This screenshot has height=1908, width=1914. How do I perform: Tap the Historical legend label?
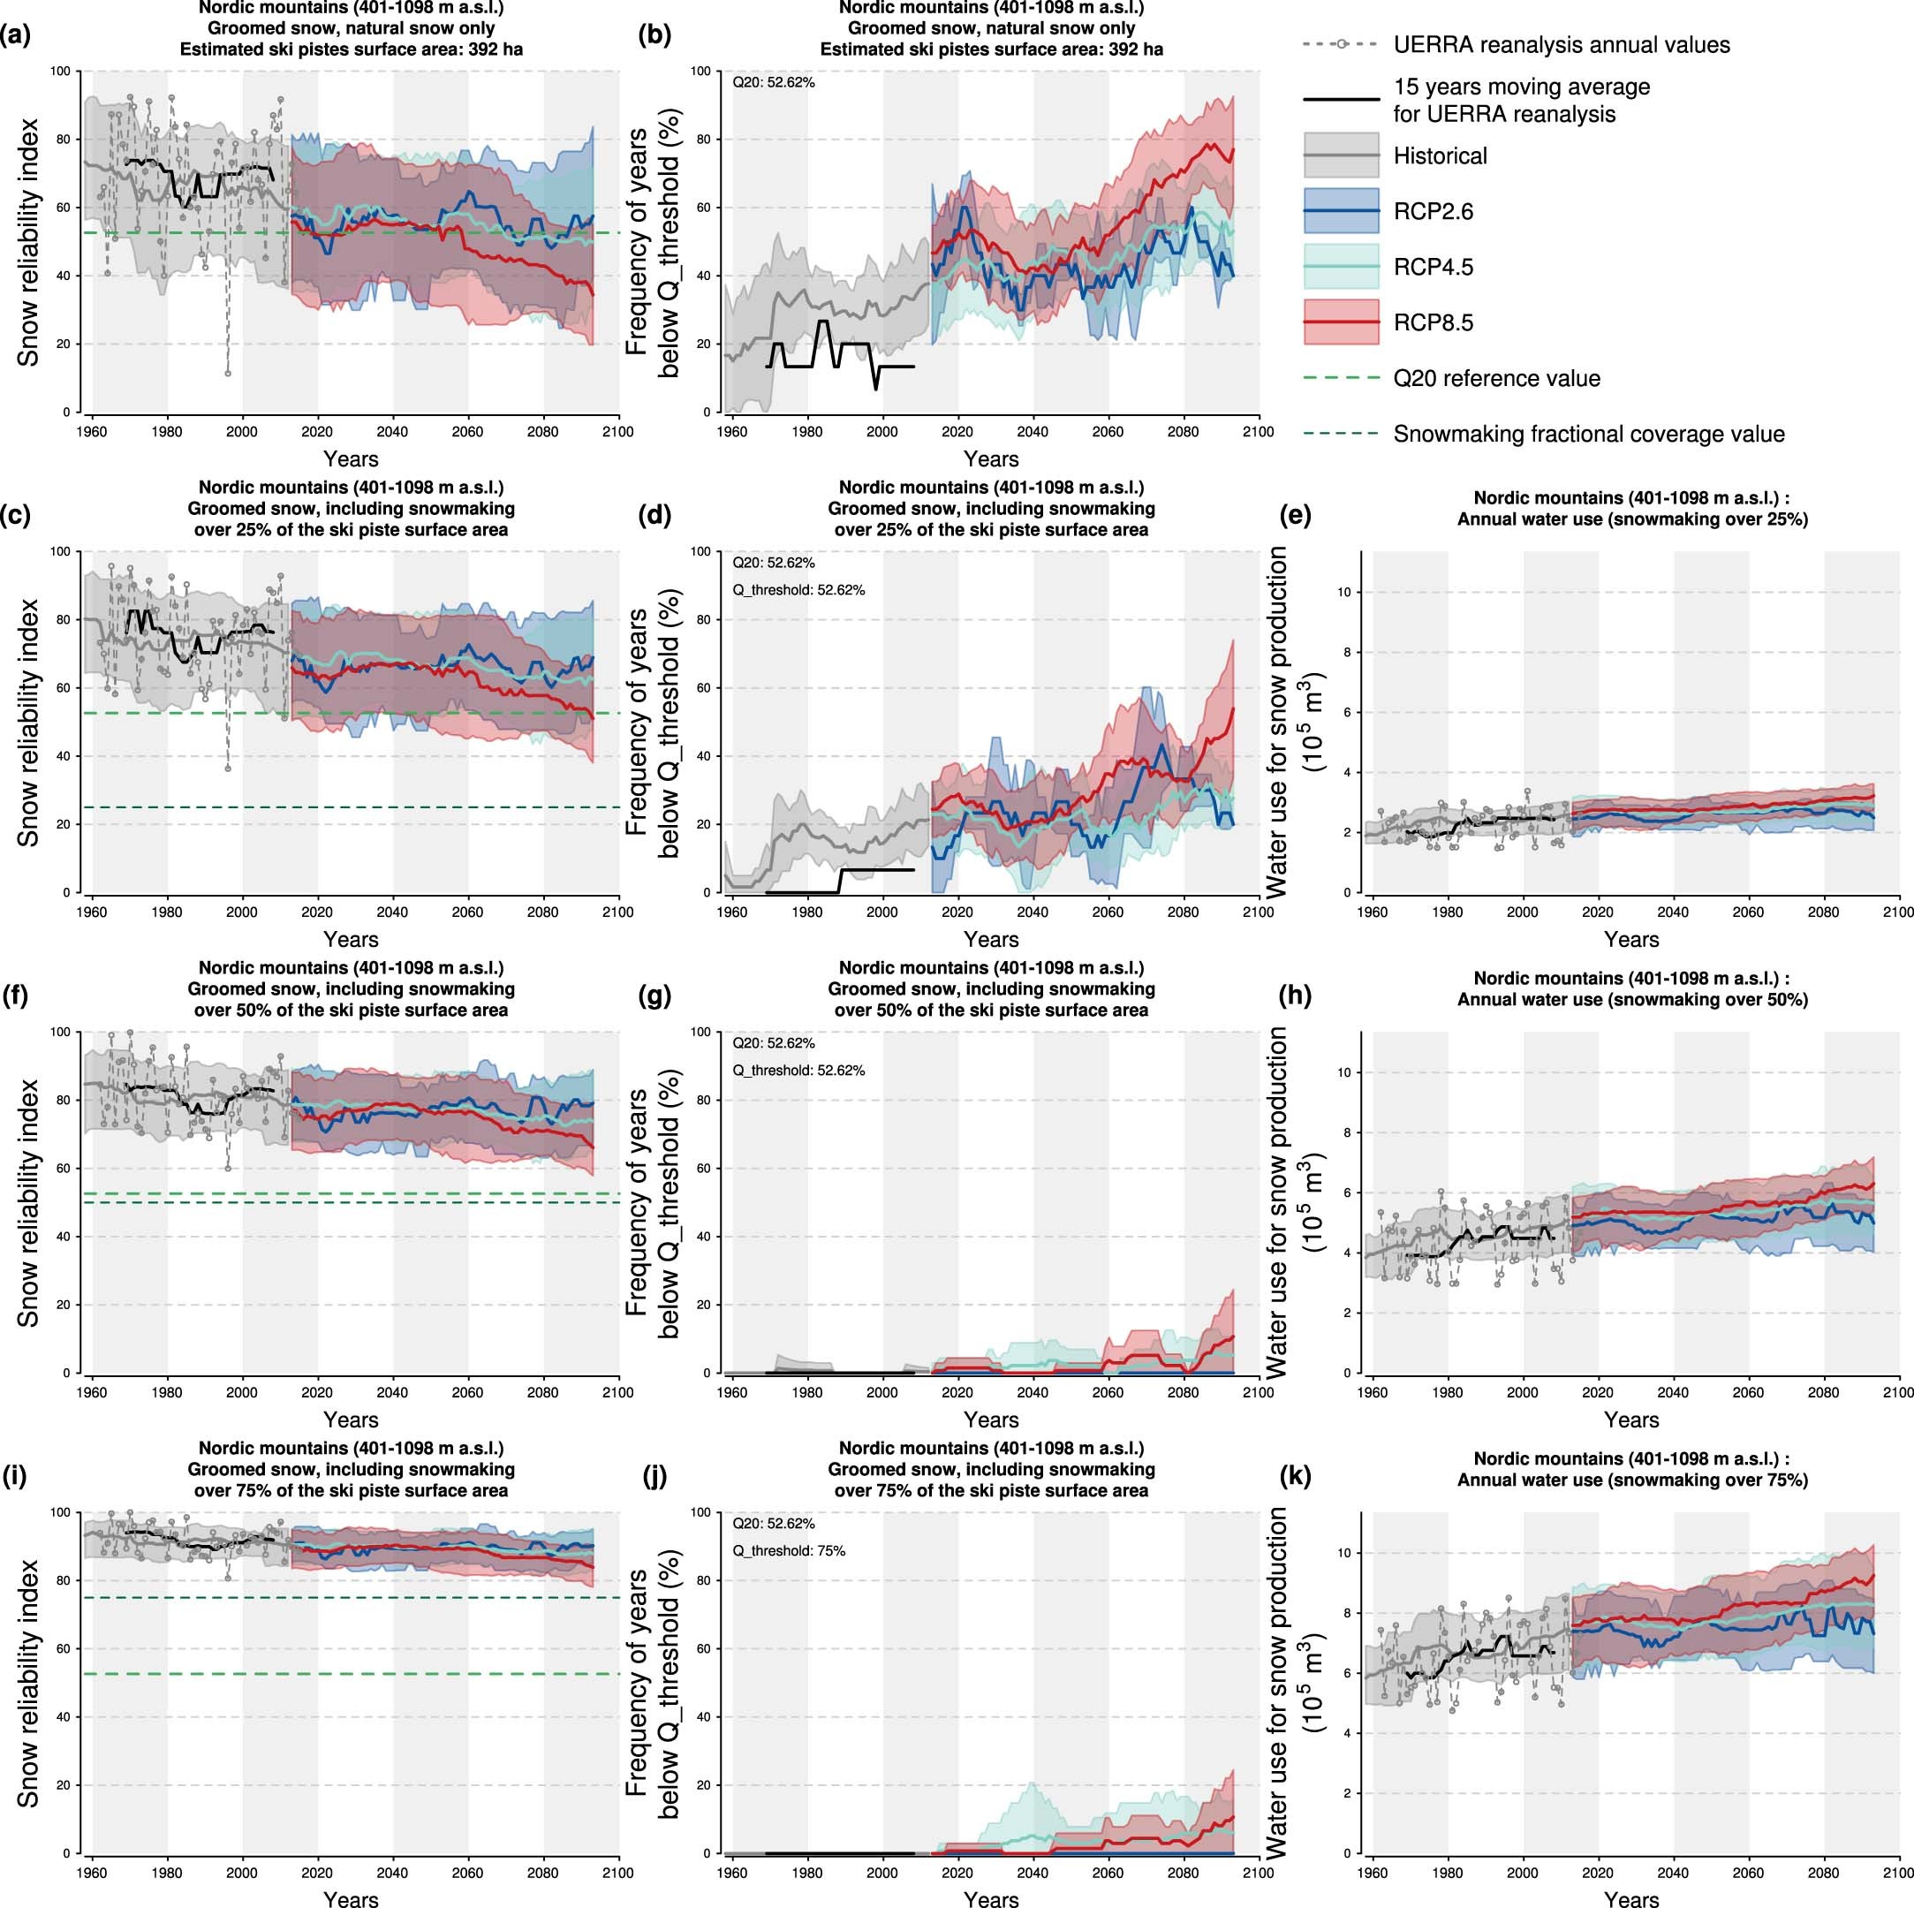click(x=1440, y=155)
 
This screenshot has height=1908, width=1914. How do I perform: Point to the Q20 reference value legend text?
click(x=1496, y=378)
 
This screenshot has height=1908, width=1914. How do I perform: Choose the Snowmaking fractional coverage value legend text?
click(x=1588, y=434)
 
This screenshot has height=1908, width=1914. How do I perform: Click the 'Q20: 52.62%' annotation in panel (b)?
click(x=774, y=83)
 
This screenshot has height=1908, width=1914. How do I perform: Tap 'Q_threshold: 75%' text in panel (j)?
click(x=789, y=1550)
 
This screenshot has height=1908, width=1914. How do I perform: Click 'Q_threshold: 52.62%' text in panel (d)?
click(x=798, y=590)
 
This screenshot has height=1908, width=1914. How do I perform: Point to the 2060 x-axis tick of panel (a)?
click(x=467, y=431)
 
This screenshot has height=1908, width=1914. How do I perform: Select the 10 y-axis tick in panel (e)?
click(x=1343, y=593)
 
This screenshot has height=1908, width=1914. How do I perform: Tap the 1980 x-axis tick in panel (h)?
click(x=1448, y=1392)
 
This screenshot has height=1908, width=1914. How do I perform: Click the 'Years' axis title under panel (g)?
click(x=991, y=1420)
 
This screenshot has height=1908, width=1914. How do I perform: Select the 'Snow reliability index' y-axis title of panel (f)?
click(x=30, y=1202)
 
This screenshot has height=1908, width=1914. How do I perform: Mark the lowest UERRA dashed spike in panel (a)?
click(x=228, y=374)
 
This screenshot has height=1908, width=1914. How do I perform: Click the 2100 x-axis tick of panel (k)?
click(x=1897, y=1873)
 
